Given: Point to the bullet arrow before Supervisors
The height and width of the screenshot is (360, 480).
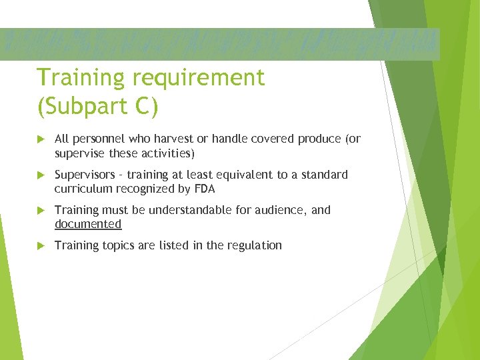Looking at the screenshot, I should tap(41, 175).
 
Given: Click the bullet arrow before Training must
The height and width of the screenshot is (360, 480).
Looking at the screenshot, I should tap(41, 211).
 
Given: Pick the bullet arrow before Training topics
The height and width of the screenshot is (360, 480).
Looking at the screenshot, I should tap(41, 246).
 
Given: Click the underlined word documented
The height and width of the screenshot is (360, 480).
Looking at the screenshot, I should tap(88, 224).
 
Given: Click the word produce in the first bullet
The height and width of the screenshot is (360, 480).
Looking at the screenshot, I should tap(319, 139).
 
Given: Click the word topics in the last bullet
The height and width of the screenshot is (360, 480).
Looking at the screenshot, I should tap(117, 245).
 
